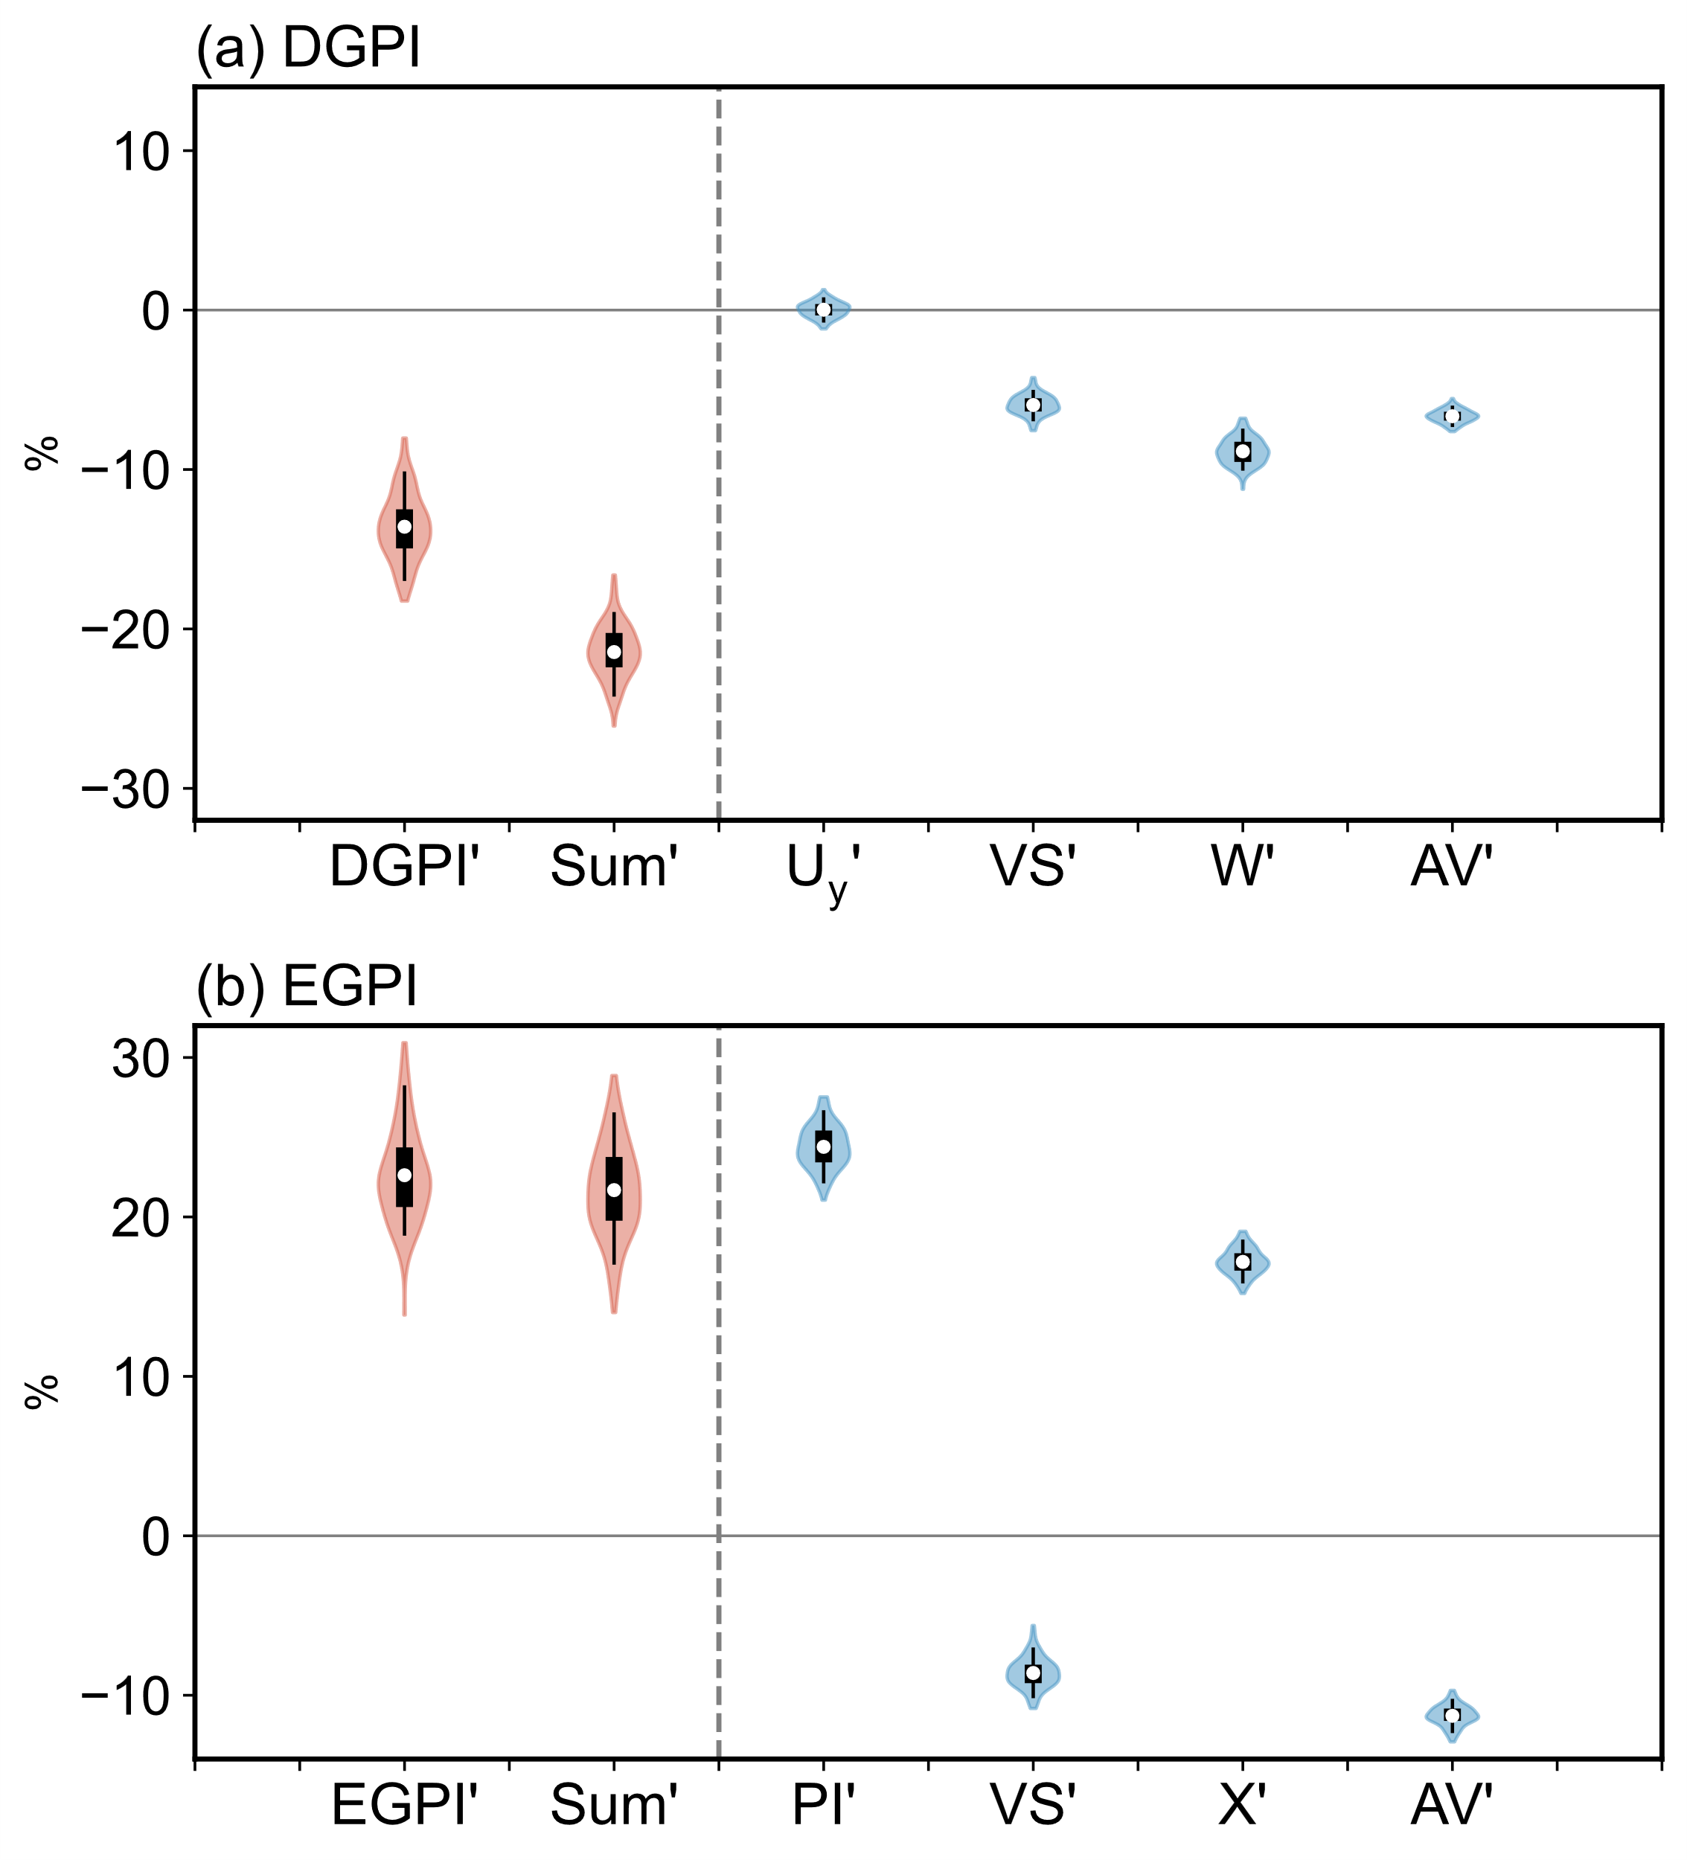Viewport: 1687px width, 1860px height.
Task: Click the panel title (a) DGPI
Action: (308, 48)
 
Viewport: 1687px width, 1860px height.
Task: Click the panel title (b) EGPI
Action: (307, 987)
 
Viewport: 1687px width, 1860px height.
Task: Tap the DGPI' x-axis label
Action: (404, 868)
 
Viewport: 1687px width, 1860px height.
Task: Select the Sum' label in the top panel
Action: (614, 868)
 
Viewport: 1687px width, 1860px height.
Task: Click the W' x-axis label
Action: (1242, 868)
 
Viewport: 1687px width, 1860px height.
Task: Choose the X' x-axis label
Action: (1242, 1805)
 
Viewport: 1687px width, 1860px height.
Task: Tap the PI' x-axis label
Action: (823, 1805)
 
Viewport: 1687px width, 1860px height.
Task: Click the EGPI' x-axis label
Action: (404, 1805)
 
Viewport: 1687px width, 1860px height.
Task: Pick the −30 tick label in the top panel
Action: (126, 789)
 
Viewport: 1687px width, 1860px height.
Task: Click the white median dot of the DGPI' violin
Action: (404, 527)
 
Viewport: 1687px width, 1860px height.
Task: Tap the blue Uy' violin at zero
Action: (823, 309)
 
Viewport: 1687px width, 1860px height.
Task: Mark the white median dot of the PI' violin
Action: (823, 1147)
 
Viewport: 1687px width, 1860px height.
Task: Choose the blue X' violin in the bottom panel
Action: (1242, 1261)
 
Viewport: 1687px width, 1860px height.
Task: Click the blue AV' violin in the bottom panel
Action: (1452, 1715)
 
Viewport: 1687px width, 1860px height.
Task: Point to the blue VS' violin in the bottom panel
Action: (1033, 1673)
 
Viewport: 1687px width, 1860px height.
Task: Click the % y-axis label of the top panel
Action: (42, 454)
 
